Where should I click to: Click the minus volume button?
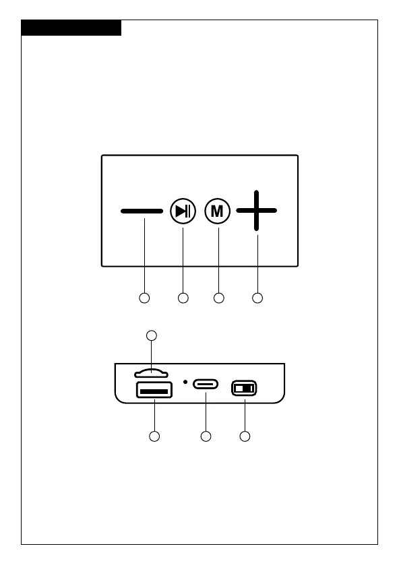pyautogui.click(x=142, y=211)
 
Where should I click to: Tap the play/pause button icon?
pyautogui.click(x=183, y=211)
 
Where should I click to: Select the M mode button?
pyautogui.click(x=218, y=211)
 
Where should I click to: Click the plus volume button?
pyautogui.click(x=256, y=210)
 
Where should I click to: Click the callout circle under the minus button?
pyautogui.click(x=144, y=298)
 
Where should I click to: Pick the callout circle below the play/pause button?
pyautogui.click(x=183, y=298)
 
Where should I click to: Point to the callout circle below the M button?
pyautogui.click(x=219, y=298)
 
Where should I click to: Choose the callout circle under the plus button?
pyautogui.click(x=257, y=298)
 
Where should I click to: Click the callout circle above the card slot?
pyautogui.click(x=152, y=335)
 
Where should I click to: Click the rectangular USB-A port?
pyautogui.click(x=154, y=390)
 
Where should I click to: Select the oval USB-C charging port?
pyautogui.click(x=206, y=384)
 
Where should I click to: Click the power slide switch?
pyautogui.click(x=244, y=388)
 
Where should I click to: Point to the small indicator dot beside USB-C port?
pyautogui.click(x=185, y=382)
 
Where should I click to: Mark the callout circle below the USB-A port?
pyautogui.click(x=154, y=436)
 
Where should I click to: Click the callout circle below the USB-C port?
pyautogui.click(x=206, y=436)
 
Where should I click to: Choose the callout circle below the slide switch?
pyautogui.click(x=245, y=436)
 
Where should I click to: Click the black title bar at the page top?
pyautogui.click(x=71, y=28)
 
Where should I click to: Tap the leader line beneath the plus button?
pyautogui.click(x=257, y=263)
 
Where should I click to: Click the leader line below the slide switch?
pyautogui.click(x=245, y=415)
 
